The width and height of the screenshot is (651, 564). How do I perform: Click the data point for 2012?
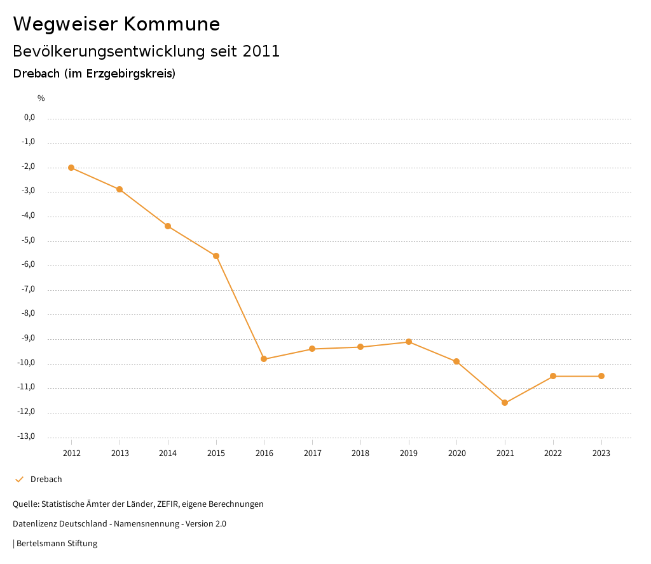(71, 168)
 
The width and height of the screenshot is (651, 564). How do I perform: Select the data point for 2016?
(264, 359)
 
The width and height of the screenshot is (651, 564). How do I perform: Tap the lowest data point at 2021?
(505, 403)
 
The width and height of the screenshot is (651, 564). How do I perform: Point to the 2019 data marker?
(409, 342)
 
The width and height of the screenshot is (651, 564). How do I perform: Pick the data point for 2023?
(601, 376)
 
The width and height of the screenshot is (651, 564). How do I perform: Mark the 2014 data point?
(168, 226)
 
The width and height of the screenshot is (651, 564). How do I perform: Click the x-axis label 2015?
(216, 453)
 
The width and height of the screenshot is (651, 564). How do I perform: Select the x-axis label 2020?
(456, 453)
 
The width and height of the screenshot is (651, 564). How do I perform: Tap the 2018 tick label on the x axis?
(360, 453)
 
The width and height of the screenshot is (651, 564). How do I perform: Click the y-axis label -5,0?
(28, 241)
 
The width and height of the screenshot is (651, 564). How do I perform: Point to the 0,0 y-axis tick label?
(29, 117)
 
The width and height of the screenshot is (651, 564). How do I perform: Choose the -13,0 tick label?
(27, 436)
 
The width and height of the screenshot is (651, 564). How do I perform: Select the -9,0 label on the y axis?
(28, 339)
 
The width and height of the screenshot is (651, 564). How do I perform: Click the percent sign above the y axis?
(41, 98)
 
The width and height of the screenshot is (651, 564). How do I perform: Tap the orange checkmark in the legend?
(19, 480)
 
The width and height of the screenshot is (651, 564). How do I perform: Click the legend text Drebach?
(46, 480)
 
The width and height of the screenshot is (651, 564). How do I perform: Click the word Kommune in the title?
(172, 24)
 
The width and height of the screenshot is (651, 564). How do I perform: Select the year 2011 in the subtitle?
(261, 51)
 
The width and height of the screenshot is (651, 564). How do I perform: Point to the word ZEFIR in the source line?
(167, 504)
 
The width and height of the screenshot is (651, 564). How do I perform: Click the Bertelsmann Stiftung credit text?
(57, 544)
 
